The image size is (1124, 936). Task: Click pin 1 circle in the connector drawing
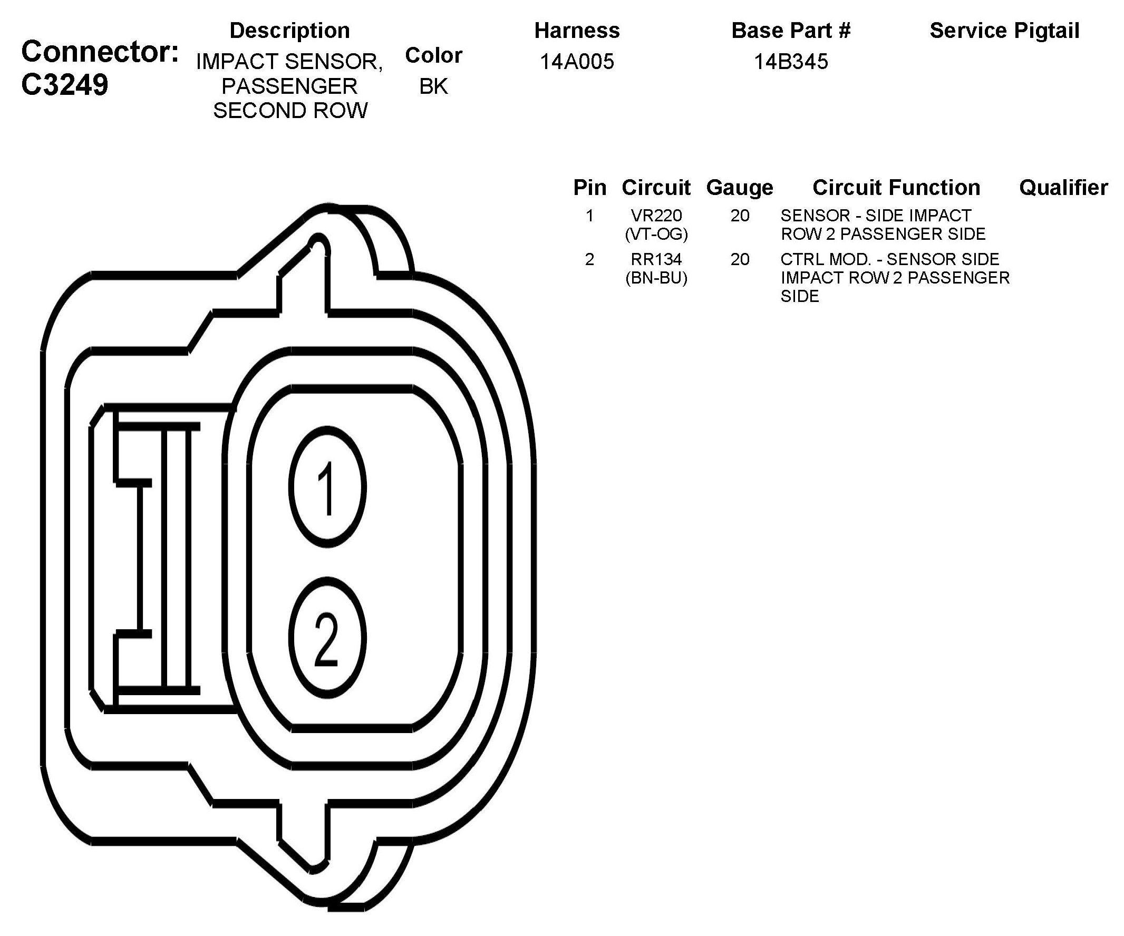pos(327,487)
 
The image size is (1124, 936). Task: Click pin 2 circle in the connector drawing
pos(327,637)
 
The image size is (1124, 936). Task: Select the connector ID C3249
pos(65,84)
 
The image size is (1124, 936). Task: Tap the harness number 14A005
pos(576,62)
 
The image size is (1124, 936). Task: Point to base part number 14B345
pos(791,62)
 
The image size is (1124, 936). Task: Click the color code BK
pos(433,86)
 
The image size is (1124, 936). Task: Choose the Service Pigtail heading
pos(1004,31)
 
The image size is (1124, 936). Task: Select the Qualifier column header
pos(1063,187)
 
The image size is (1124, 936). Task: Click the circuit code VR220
pos(656,216)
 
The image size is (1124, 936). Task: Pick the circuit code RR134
pos(656,259)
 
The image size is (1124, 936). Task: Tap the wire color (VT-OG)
pos(656,234)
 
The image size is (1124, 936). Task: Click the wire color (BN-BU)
pos(656,278)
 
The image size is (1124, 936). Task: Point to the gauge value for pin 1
pos(740,216)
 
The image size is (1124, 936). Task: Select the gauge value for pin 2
pos(740,259)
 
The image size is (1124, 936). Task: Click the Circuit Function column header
pos(896,187)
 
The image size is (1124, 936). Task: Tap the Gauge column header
pos(740,187)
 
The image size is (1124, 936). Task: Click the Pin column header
pos(590,187)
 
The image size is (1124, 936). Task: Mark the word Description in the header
pos(289,31)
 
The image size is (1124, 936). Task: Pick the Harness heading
pos(577,31)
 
